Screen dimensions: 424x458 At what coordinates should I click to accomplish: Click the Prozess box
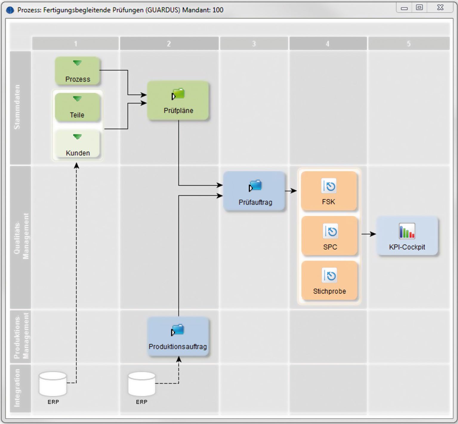(x=77, y=71)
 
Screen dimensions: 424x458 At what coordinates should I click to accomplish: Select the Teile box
(x=77, y=107)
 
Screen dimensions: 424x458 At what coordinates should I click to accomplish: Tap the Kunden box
(x=77, y=145)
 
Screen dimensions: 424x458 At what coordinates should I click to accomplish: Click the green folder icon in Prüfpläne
(x=178, y=94)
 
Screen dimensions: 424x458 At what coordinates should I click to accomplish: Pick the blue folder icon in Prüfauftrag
(x=255, y=186)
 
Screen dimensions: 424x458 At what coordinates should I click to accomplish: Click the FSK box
(x=329, y=191)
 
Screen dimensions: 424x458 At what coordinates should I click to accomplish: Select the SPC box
(x=329, y=236)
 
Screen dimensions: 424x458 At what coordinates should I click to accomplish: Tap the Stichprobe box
(x=329, y=280)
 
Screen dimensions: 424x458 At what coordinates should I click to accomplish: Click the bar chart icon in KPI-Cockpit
(x=407, y=231)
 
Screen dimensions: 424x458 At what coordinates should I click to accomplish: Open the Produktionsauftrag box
(x=178, y=337)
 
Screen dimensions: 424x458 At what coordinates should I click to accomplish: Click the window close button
(x=440, y=7)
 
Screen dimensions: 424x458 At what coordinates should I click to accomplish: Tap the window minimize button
(x=404, y=8)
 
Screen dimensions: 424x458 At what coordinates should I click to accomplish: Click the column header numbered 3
(x=254, y=44)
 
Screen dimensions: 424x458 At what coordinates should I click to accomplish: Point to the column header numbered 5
(x=409, y=44)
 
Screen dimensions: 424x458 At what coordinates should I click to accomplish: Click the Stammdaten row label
(x=18, y=107)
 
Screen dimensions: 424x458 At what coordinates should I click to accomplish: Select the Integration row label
(x=18, y=388)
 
